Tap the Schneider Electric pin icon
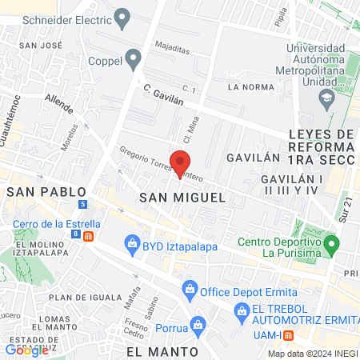coord(122,16)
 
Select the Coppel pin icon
coord(133,58)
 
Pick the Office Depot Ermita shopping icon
coord(190,288)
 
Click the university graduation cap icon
coord(326,99)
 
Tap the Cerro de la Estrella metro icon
coord(88,236)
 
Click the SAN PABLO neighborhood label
coord(38,192)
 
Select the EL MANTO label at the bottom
coord(162,351)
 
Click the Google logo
coord(26,350)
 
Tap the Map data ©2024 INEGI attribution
coord(311,354)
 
